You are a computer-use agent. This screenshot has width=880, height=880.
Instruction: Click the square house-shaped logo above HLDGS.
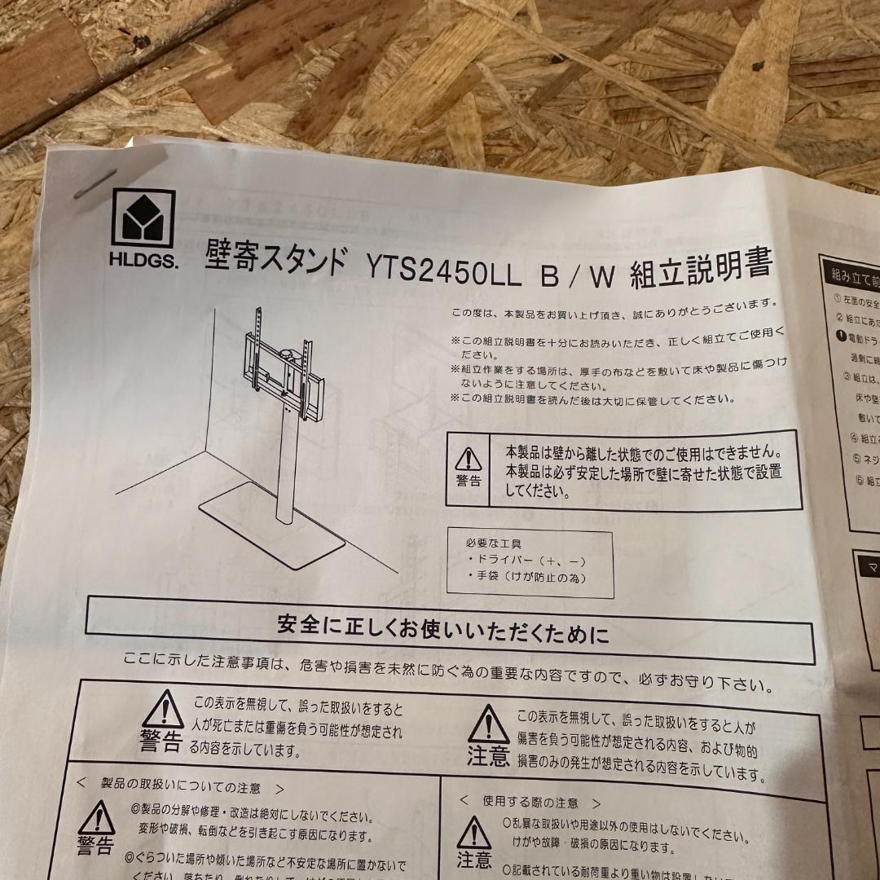pyautogui.click(x=143, y=218)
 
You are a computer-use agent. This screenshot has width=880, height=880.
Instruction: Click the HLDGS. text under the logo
pyautogui.click(x=143, y=262)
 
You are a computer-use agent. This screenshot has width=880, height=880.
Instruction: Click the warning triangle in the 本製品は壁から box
pyautogui.click(x=469, y=459)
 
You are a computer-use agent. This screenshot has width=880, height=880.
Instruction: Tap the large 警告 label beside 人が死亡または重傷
pyautogui.click(x=161, y=741)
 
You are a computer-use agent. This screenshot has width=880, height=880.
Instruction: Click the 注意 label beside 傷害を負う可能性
pyautogui.click(x=488, y=757)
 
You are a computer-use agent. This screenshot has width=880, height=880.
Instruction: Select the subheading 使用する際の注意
pyautogui.click(x=530, y=802)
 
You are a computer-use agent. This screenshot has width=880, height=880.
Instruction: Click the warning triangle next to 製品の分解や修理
pyautogui.click(x=96, y=817)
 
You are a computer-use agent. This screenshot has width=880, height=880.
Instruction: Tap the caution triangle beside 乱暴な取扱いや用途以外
pyautogui.click(x=474, y=833)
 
